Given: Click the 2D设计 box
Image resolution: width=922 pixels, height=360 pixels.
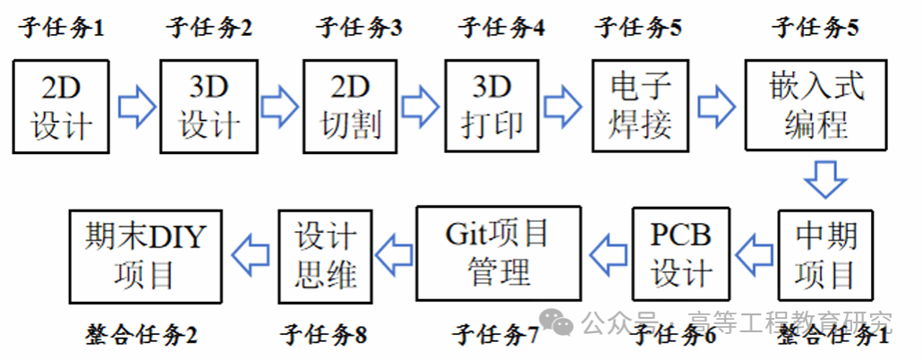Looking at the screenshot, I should pos(62,107).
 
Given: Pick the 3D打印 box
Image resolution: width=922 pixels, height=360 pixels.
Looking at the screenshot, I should pos(492,107).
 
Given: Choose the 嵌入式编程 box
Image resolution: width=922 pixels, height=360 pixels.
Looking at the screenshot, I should pos(815,107).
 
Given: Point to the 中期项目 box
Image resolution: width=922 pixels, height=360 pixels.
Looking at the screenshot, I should pos(825,254).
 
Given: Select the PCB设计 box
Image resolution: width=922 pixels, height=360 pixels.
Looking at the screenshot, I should pos(681,254).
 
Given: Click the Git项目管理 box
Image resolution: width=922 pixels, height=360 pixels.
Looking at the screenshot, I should pos(499,254).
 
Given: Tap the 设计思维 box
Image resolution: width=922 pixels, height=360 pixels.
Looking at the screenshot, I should pos(325,254).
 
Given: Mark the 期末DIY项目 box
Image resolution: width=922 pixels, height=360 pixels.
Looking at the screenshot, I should pos(146,254).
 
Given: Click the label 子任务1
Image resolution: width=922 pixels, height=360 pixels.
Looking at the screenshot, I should pos(62,28).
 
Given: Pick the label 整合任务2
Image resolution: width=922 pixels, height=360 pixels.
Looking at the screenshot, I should pos(141,336).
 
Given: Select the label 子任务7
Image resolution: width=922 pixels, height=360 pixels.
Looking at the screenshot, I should pos(495,336).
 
